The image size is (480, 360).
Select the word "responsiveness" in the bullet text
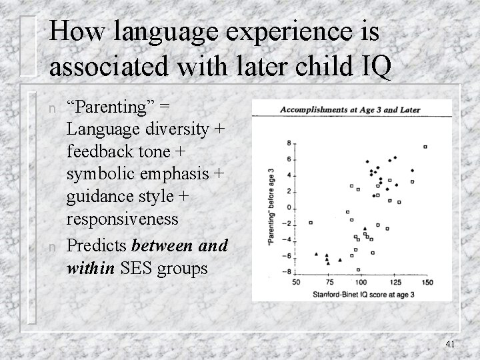123,219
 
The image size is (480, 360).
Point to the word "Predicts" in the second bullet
97,246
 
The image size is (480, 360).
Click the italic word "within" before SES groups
89,269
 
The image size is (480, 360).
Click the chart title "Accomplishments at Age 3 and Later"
350,110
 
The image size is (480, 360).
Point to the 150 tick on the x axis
427,283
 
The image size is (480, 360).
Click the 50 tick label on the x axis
296,283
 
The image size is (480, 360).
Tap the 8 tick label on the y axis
287,143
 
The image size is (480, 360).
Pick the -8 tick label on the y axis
286,271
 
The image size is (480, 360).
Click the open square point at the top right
425,147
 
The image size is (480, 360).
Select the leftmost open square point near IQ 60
310,223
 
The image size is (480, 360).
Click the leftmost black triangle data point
315,254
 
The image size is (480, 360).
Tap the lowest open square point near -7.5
359,269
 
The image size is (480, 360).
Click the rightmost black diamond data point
412,171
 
